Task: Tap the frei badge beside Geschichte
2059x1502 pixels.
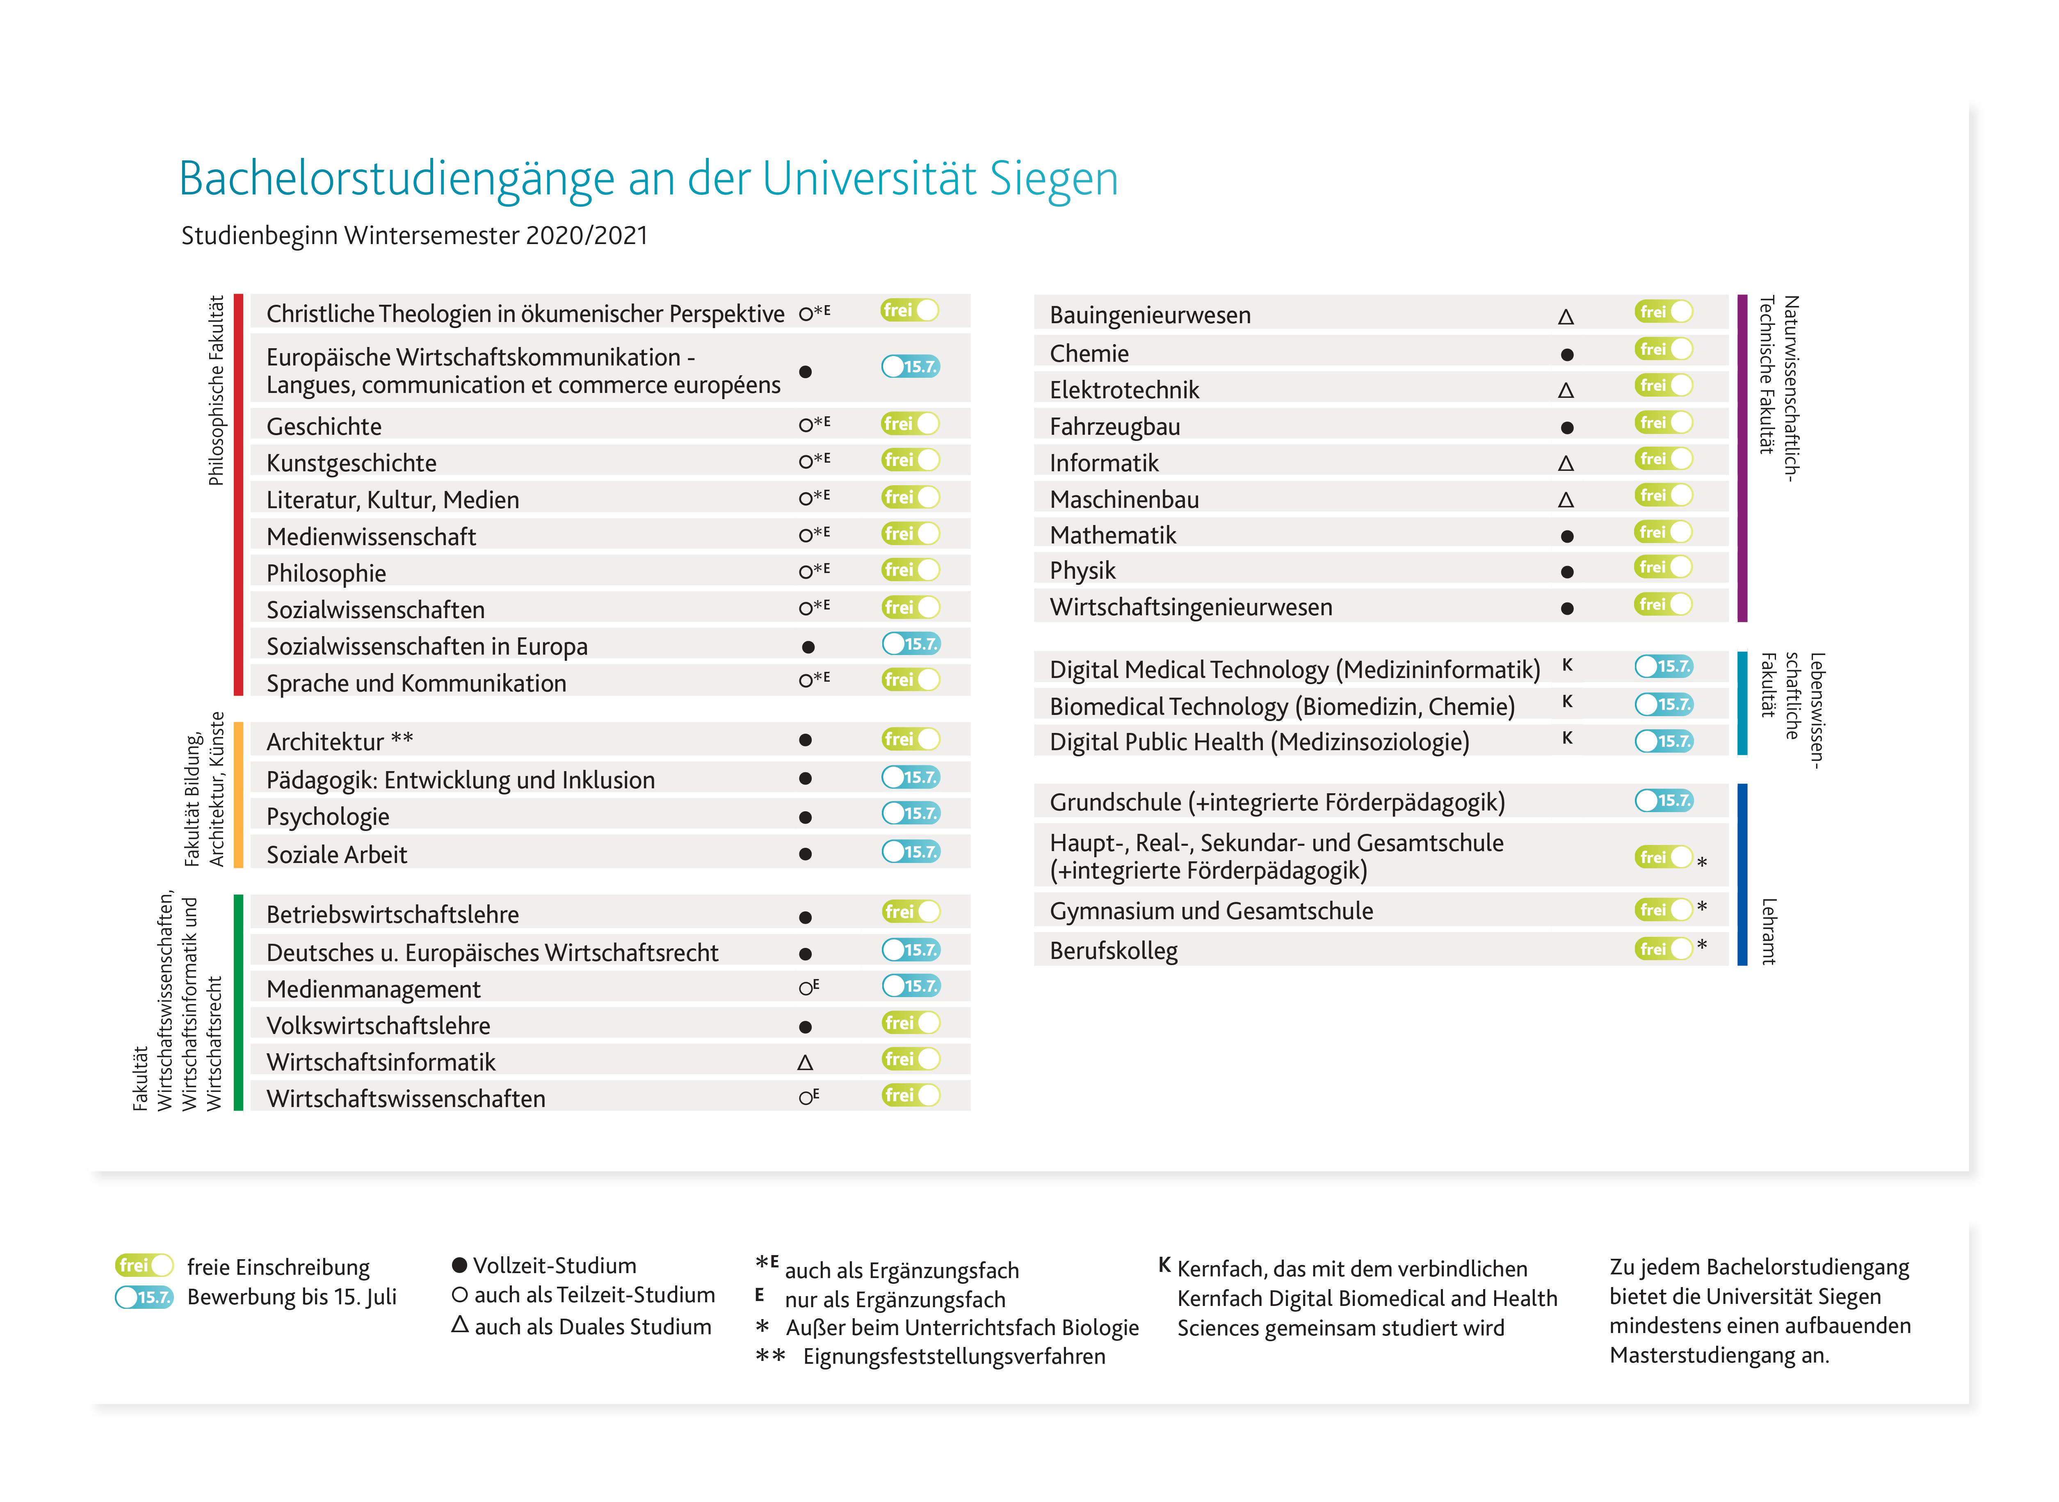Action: (x=910, y=424)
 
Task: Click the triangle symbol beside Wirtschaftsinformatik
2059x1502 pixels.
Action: (x=806, y=1062)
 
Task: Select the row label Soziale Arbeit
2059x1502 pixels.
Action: (x=336, y=855)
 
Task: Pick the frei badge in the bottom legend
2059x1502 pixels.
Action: (x=144, y=1266)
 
